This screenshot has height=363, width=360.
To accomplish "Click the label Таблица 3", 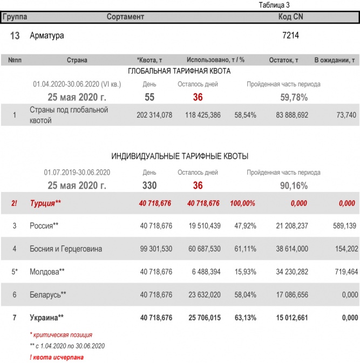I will (274, 5).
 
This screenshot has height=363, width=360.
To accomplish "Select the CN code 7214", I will (290, 36).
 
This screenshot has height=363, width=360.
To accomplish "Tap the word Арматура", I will (47, 36).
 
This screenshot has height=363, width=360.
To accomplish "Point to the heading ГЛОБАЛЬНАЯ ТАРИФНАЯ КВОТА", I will (179, 71).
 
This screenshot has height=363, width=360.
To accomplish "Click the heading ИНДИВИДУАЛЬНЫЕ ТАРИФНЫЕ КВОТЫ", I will (179, 157).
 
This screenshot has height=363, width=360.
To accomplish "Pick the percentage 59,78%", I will (294, 98).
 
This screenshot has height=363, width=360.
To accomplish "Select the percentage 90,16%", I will (294, 186).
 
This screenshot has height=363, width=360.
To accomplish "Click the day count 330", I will (150, 186).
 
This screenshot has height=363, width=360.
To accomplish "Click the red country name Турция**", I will (45, 203).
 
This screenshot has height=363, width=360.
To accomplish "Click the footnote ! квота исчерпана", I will (57, 357).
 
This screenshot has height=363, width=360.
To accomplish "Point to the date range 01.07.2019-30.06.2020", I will (77, 173).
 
